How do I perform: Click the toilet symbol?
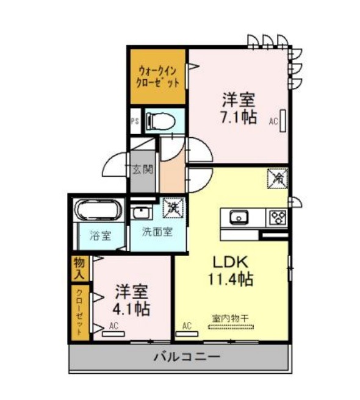[161, 120]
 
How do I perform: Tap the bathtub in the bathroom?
[99, 209]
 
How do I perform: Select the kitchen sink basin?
[239, 217]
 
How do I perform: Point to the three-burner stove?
[277, 217]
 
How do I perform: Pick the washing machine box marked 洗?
[173, 207]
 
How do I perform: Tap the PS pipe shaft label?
[135, 121]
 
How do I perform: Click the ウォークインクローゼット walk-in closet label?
[157, 77]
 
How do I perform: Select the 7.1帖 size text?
[239, 118]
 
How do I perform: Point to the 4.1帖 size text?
[131, 309]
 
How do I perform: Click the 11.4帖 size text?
[231, 279]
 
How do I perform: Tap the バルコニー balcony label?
[187, 356]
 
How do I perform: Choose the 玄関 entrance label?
[143, 170]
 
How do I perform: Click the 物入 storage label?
[79, 268]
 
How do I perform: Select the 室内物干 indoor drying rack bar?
[231, 327]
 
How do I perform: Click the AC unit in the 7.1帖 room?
[283, 121]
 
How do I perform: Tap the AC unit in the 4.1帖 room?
[113, 334]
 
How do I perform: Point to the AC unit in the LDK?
[187, 334]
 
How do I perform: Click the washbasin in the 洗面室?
[141, 212]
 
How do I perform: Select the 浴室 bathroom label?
[100, 235]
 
